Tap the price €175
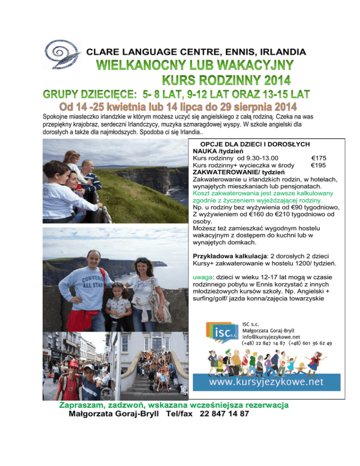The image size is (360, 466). (318, 158)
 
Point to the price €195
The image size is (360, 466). (318, 165)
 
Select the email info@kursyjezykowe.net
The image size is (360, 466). (271, 336)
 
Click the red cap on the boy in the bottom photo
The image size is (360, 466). (73, 364)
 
